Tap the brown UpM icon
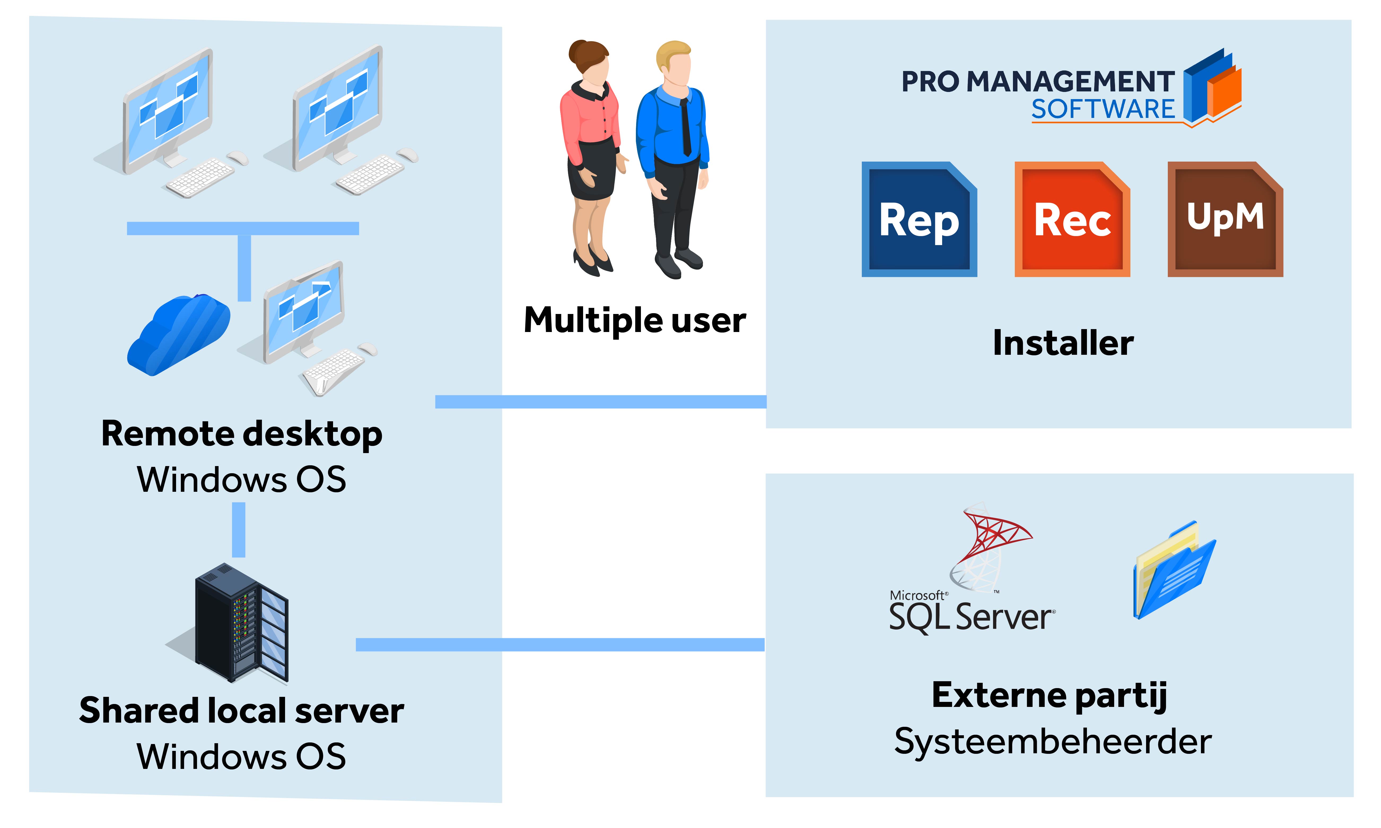(x=1225, y=219)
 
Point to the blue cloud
(x=179, y=335)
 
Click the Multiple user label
(x=635, y=321)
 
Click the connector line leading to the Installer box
(x=601, y=402)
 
